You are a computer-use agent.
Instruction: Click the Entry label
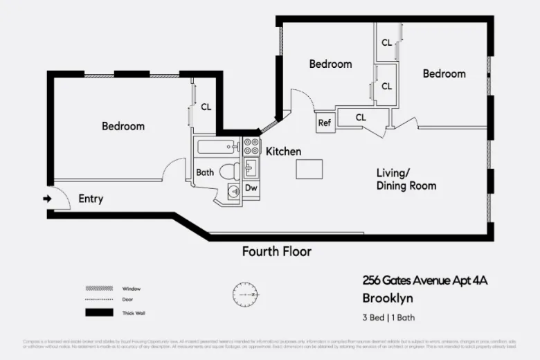[91, 199]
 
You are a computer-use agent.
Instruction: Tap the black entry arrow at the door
[47, 199]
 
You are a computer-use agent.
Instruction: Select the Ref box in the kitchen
[325, 123]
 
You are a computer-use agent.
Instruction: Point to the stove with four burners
[251, 147]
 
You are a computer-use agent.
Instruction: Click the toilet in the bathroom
[227, 171]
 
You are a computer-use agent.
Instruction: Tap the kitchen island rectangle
[309, 169]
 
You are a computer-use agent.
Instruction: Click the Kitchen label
[284, 152]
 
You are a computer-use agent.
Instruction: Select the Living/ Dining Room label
[406, 179]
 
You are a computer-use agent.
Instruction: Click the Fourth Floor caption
[276, 251]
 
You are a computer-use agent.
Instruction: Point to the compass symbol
[245, 294]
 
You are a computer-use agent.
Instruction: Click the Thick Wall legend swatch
[98, 313]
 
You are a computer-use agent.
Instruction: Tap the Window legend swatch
[98, 288]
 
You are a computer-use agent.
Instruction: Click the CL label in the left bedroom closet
[206, 107]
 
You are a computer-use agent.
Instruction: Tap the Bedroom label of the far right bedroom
[444, 73]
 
